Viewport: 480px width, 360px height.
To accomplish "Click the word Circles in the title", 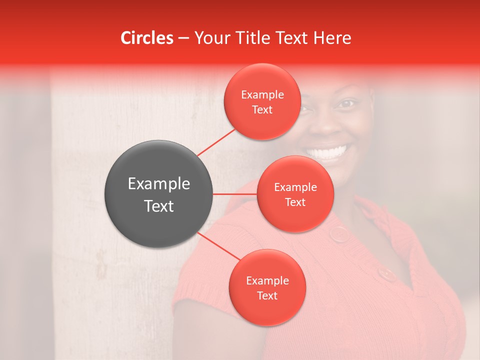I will (146, 38).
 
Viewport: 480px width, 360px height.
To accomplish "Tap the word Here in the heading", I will (332, 38).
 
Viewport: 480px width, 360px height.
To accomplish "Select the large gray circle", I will (158, 194).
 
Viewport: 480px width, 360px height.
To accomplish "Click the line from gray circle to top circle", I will (216, 142).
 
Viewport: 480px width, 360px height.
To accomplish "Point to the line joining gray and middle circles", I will (234, 194).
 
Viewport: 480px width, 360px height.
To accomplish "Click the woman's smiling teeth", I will (327, 151).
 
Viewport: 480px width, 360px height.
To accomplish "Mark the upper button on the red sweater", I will (340, 233).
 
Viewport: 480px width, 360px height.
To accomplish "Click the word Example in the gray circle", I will (158, 184).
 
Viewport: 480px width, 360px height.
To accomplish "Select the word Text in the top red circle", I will (262, 110).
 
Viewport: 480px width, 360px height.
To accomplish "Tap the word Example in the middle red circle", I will (295, 187).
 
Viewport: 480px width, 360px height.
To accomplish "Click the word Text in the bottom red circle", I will (267, 296).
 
